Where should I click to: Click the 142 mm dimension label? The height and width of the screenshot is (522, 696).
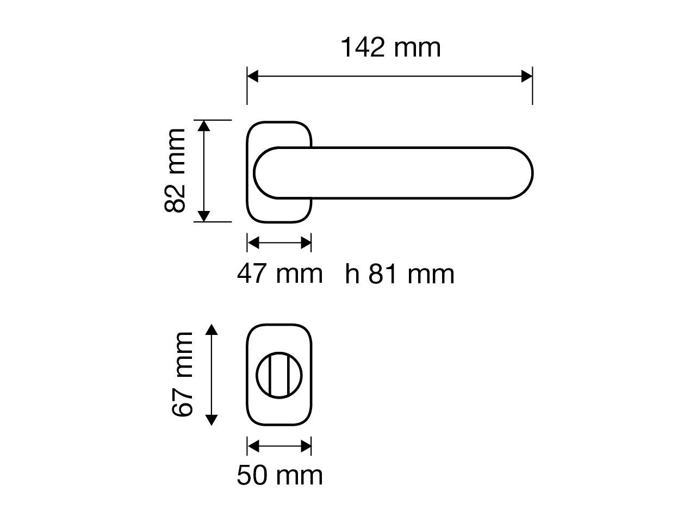coord(390,48)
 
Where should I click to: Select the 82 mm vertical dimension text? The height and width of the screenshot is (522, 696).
coord(176,171)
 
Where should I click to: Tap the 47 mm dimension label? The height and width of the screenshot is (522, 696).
coord(279,273)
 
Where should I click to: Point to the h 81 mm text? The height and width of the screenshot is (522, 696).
coord(400,274)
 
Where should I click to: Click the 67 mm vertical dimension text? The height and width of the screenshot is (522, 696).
coord(183,375)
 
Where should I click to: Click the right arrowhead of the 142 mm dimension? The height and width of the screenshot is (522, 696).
coord(527,76)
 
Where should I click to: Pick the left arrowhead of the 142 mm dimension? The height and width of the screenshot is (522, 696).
coord(253,76)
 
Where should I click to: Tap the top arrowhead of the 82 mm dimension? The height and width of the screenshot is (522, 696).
coord(203,126)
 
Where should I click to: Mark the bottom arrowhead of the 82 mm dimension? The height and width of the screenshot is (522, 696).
coord(203,216)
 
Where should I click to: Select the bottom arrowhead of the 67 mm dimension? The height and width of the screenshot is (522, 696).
coord(212,420)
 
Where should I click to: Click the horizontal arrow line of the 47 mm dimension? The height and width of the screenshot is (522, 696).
coord(279,243)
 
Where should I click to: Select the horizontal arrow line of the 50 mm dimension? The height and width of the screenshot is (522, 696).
coord(279,446)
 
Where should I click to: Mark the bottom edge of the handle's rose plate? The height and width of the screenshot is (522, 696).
coord(279,222)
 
